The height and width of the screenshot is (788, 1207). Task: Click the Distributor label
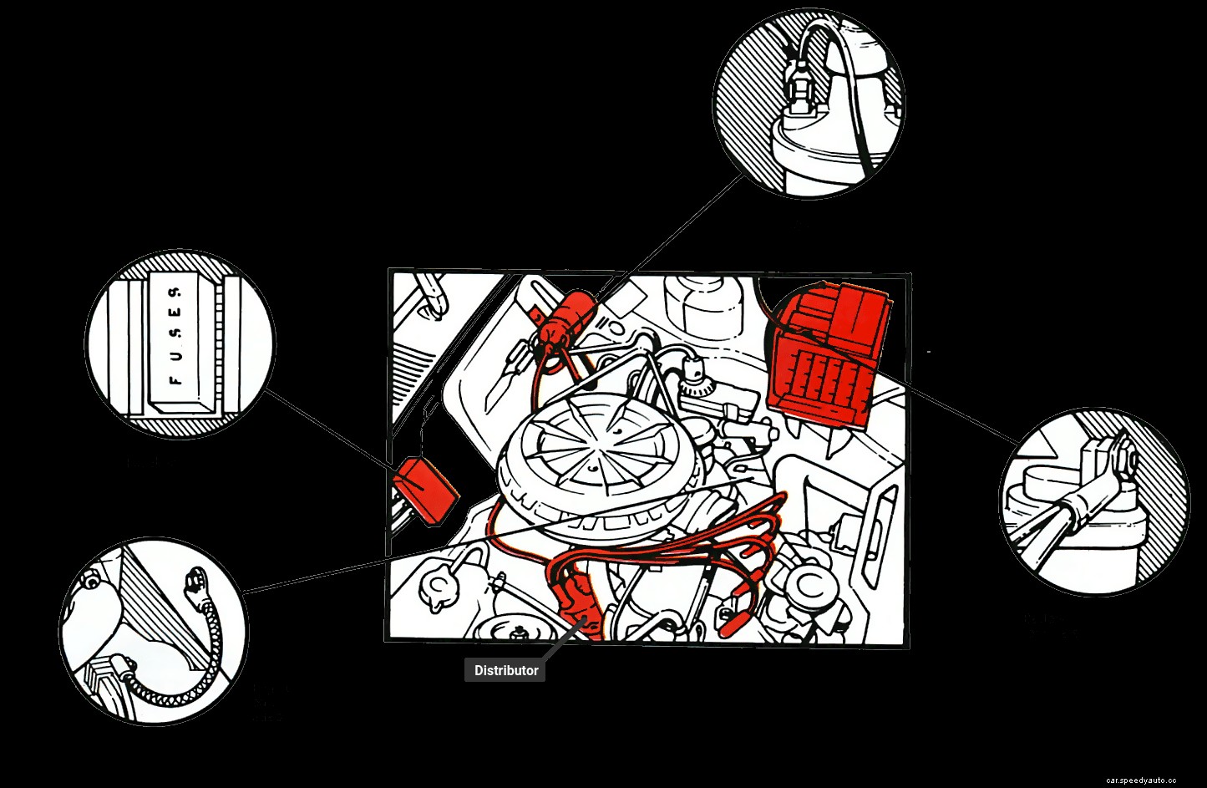(505, 670)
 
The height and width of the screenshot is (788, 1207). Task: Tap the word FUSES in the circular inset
(175, 335)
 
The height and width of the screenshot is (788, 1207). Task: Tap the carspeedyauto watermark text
(1141, 780)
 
